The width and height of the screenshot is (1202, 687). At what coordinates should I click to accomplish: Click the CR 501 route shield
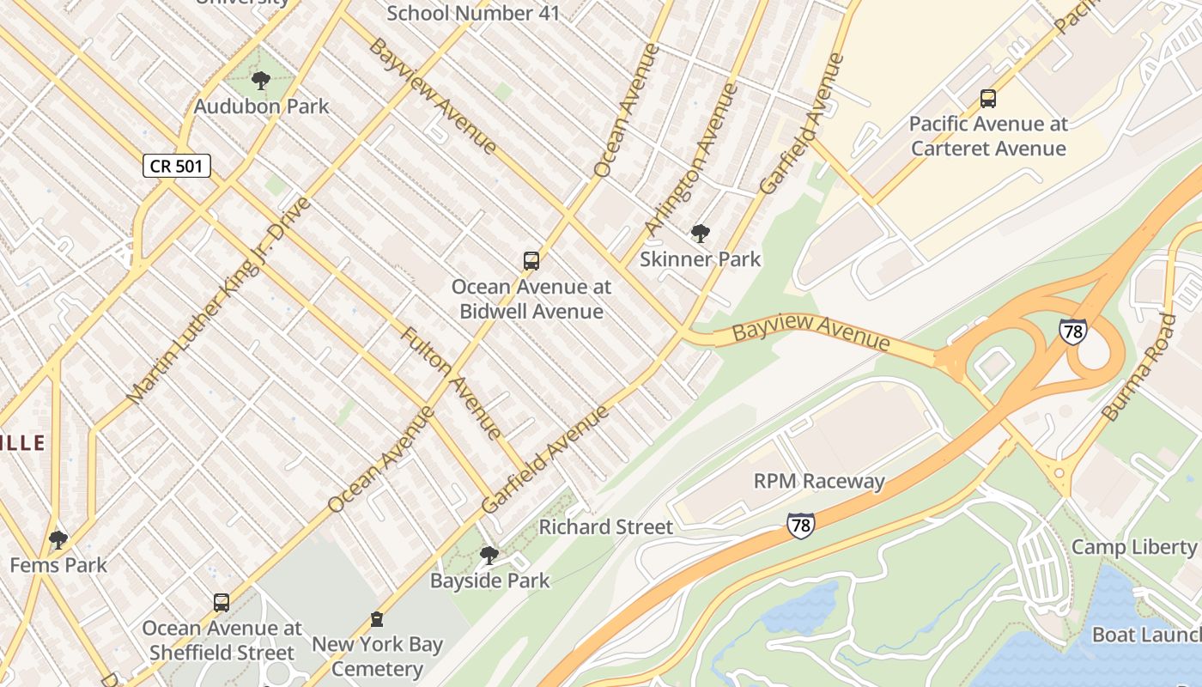pyautogui.click(x=176, y=166)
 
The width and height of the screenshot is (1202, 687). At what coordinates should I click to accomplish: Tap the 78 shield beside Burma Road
pyautogui.click(x=1072, y=331)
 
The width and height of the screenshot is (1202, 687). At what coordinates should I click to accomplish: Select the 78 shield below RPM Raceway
pyautogui.click(x=800, y=525)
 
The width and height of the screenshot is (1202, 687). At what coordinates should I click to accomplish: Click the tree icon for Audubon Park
pyautogui.click(x=261, y=82)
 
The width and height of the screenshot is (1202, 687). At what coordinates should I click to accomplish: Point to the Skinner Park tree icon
pyautogui.click(x=701, y=234)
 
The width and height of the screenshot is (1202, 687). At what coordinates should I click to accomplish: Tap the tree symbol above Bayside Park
pyautogui.click(x=489, y=556)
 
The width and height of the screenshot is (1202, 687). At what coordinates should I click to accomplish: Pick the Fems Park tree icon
pyautogui.click(x=58, y=540)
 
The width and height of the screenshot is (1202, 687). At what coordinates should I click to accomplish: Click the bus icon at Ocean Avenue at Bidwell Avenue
pyautogui.click(x=531, y=261)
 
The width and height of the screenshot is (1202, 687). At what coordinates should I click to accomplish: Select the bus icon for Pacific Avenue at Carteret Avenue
pyautogui.click(x=988, y=99)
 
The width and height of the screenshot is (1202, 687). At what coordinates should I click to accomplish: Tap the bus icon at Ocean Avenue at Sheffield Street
pyautogui.click(x=222, y=603)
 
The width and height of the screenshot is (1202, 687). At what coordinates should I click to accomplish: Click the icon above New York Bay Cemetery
pyautogui.click(x=376, y=618)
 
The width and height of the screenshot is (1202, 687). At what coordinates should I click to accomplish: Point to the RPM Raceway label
pyautogui.click(x=819, y=481)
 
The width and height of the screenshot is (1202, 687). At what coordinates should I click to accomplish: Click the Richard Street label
pyautogui.click(x=605, y=526)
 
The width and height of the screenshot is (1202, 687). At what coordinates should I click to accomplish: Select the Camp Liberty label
pyautogui.click(x=1133, y=547)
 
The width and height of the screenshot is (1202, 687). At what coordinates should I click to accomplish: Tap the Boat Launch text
pyautogui.click(x=1146, y=635)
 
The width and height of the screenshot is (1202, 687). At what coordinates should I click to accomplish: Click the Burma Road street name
pyautogui.click(x=1139, y=368)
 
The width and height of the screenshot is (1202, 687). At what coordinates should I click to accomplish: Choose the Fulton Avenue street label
pyautogui.click(x=451, y=382)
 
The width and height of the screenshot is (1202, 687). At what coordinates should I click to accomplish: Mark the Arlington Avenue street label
pyautogui.click(x=691, y=159)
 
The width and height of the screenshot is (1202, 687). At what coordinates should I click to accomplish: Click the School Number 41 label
pyautogui.click(x=473, y=13)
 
